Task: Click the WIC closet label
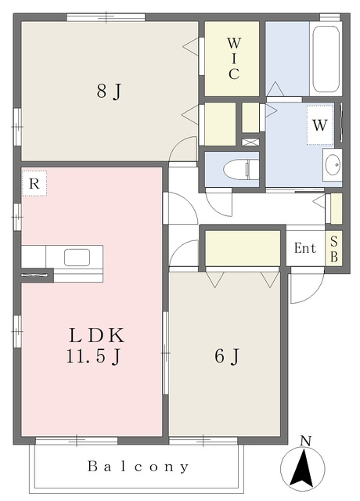tap(234, 59)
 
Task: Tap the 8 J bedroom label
tap(110, 92)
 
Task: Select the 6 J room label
tap(227, 356)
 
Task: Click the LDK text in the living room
tap(96, 336)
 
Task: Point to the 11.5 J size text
tap(94, 356)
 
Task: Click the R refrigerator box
tap(34, 183)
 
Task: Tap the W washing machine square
tap(320, 125)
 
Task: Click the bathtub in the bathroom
tap(326, 59)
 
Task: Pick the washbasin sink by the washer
tap(333, 165)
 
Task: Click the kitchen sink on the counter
tap(77, 258)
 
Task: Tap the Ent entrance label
tap(305, 248)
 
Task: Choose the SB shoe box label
tap(334, 249)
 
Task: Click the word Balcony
tap(138, 467)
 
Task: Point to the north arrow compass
tap(303, 468)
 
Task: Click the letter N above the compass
tap(306, 442)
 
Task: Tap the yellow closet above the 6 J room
tap(243, 248)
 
